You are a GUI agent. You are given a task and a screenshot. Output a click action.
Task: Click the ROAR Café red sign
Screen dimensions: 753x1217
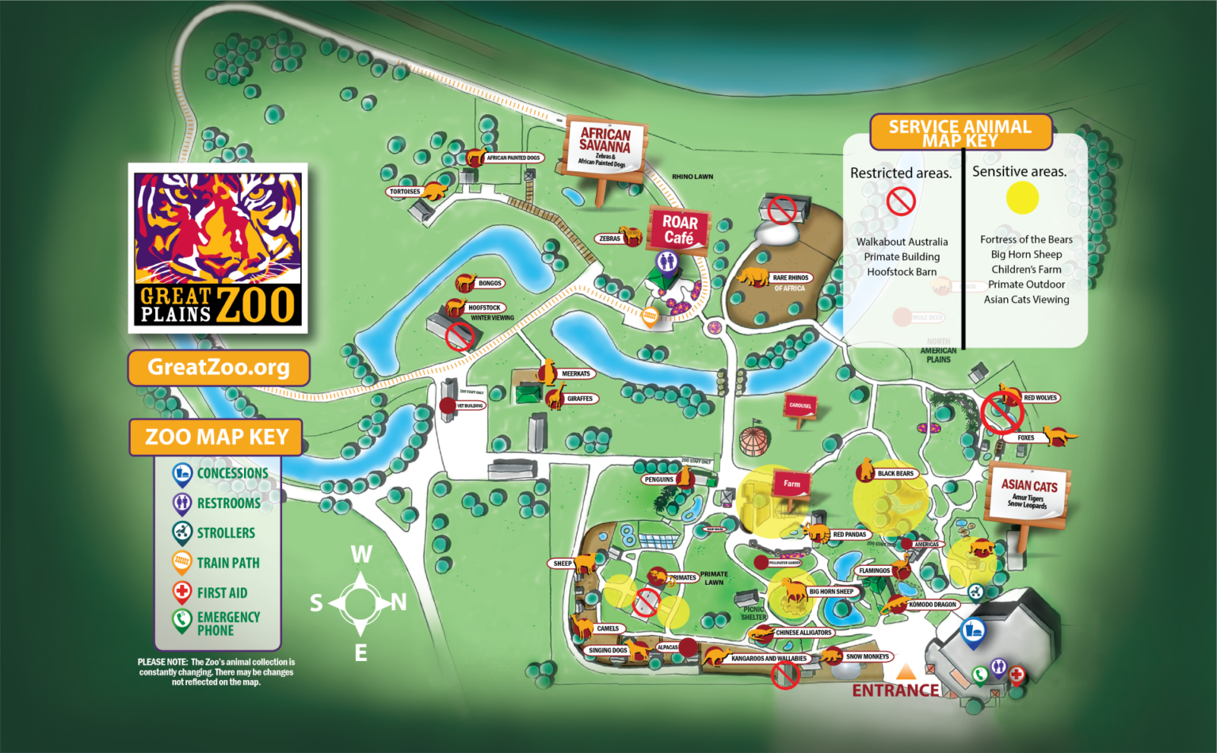coord(680,230)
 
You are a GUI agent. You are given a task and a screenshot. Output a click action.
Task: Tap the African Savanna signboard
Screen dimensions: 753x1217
coord(605,147)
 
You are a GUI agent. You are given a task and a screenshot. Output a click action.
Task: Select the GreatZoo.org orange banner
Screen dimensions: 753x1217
coord(219,368)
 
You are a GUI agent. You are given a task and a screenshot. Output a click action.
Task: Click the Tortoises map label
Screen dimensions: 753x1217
coord(405,192)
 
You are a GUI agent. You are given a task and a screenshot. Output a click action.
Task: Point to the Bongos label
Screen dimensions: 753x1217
coord(490,283)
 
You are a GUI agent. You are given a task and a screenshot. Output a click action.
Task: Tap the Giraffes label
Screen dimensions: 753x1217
coord(580,399)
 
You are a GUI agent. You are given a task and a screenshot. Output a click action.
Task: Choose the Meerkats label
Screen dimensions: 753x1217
coord(576,373)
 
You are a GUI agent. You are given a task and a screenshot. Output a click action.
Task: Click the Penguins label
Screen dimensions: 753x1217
coord(658,480)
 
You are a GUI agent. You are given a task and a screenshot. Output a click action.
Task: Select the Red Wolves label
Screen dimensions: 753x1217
coord(1040,398)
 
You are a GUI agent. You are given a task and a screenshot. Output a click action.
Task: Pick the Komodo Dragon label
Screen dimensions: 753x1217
coord(933,605)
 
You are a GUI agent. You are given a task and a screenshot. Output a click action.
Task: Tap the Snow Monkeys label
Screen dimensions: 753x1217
coord(867,656)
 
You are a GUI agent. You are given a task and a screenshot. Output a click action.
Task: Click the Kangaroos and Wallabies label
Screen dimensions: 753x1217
coord(769,658)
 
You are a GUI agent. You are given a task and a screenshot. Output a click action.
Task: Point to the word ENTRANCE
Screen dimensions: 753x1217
coord(895,690)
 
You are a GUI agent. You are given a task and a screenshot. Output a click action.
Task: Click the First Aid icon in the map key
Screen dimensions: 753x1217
coord(182,592)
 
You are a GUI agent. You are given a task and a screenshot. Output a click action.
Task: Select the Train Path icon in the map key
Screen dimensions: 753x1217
coord(182,562)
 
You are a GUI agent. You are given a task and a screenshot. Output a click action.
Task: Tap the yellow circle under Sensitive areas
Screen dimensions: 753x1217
coord(1022,198)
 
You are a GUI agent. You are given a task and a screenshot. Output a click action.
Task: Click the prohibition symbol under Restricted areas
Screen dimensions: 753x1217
coord(901,201)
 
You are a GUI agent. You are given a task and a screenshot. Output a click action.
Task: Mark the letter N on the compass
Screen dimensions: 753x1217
coord(399,603)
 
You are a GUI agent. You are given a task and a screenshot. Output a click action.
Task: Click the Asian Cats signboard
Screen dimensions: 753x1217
coord(1028,493)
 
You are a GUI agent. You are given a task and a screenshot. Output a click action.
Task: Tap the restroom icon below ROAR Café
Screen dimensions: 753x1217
coord(667,261)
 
